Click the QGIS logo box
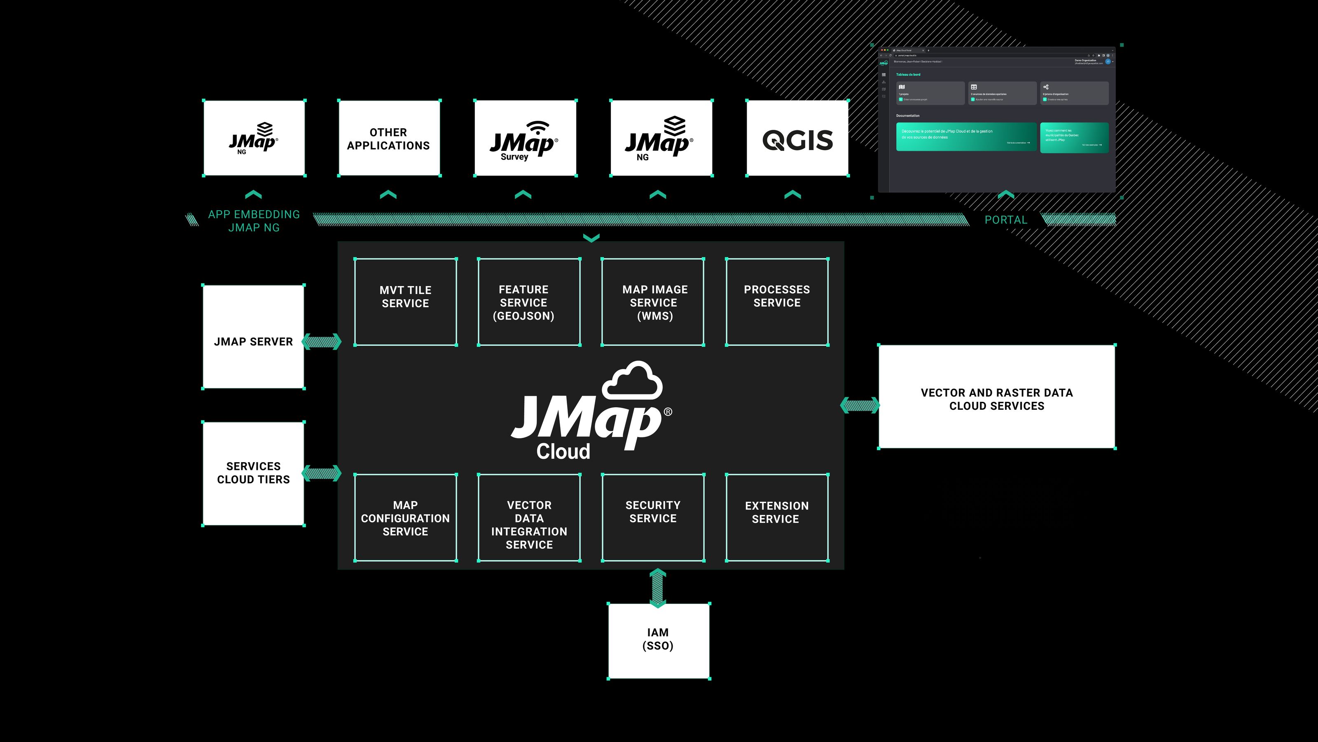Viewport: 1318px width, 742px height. pos(797,138)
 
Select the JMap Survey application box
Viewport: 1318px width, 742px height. pos(525,138)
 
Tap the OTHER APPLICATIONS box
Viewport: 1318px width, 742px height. pos(389,138)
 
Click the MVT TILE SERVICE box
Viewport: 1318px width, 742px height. pos(405,302)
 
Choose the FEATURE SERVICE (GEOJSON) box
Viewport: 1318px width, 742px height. pos(529,302)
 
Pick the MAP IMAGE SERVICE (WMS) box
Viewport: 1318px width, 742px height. pos(653,302)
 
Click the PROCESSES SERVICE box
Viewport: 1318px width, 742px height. pos(777,302)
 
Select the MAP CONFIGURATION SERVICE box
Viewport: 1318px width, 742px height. pos(405,517)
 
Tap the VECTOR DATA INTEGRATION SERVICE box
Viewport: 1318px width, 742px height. pos(529,517)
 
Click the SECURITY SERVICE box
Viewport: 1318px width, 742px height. pos(653,517)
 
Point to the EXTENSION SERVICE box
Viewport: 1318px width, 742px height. pos(777,517)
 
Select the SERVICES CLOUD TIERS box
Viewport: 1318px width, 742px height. pos(253,473)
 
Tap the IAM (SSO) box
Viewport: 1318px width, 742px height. pos(659,641)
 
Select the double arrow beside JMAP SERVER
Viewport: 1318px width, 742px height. pos(321,342)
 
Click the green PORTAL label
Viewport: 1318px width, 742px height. pos(1005,220)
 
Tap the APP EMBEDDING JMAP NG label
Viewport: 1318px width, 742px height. pos(254,221)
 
